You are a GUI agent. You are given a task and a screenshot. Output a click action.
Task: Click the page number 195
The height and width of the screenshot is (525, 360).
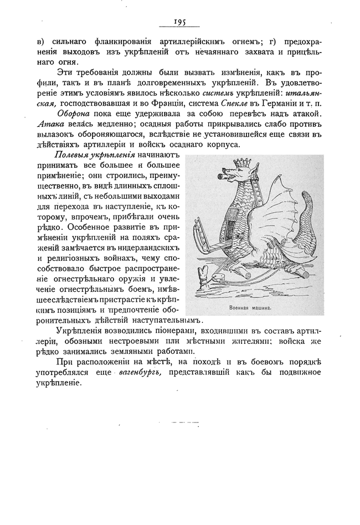click(179, 22)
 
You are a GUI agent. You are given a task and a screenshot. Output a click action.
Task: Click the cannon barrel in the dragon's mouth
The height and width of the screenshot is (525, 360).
click(223, 178)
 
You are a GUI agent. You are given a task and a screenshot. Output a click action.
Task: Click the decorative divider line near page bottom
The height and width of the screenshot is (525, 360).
click(180, 423)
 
